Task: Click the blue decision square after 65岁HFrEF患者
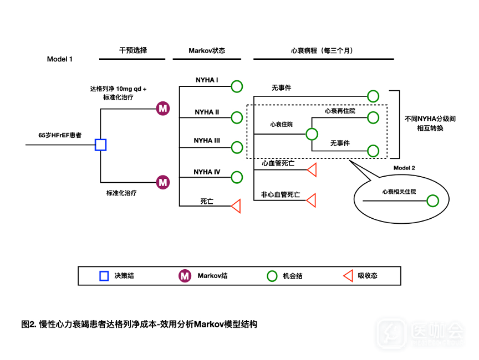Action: (x=100, y=145)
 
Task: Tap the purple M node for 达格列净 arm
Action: (x=162, y=109)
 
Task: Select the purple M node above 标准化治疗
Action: (x=162, y=182)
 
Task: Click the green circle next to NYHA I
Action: (x=237, y=86)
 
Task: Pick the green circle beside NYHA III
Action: (x=237, y=147)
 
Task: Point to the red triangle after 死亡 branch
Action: (x=236, y=206)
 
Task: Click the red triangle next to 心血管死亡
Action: (x=312, y=170)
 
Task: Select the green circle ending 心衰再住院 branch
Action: (x=374, y=117)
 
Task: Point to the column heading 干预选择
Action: (x=133, y=50)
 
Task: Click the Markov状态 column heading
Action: (x=207, y=50)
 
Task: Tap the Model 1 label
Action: (x=60, y=59)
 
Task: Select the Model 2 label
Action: (x=404, y=168)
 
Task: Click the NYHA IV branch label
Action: (x=207, y=172)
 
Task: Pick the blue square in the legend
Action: (x=104, y=276)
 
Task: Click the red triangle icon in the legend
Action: (x=348, y=276)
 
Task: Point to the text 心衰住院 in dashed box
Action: (x=282, y=125)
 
